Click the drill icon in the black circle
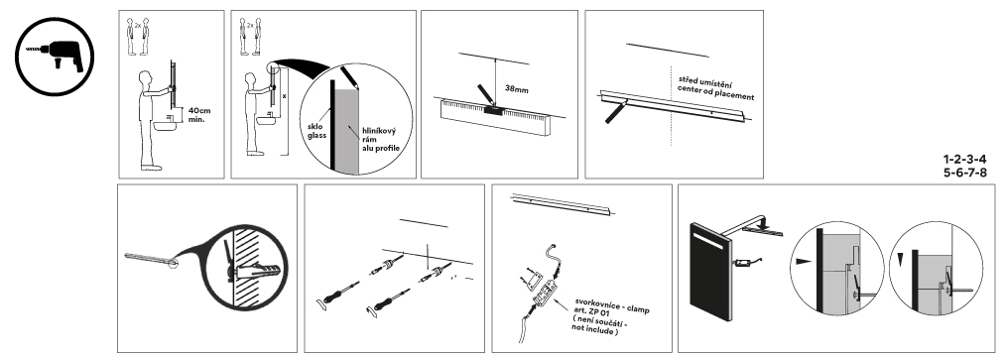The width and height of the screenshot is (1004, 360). pos(55,57)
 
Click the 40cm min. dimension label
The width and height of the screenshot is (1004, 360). pos(199,115)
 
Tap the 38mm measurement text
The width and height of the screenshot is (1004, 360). pos(516,89)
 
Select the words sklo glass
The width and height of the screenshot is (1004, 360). pos(316,131)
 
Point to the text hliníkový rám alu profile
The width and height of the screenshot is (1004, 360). pos(380,140)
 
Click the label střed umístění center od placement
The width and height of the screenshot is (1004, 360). pos(716,88)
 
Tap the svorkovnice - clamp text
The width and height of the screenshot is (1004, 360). pos(612,304)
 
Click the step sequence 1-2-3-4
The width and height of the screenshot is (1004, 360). pos(964,159)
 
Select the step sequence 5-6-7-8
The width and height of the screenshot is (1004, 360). pos(964,173)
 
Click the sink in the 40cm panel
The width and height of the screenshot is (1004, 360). pos(164,124)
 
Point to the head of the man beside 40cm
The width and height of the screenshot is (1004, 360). pos(145,77)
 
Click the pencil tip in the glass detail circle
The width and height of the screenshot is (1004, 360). pos(355,86)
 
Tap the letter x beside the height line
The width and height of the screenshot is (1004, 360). pos(284,95)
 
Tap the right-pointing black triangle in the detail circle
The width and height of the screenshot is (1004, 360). pos(803,262)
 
